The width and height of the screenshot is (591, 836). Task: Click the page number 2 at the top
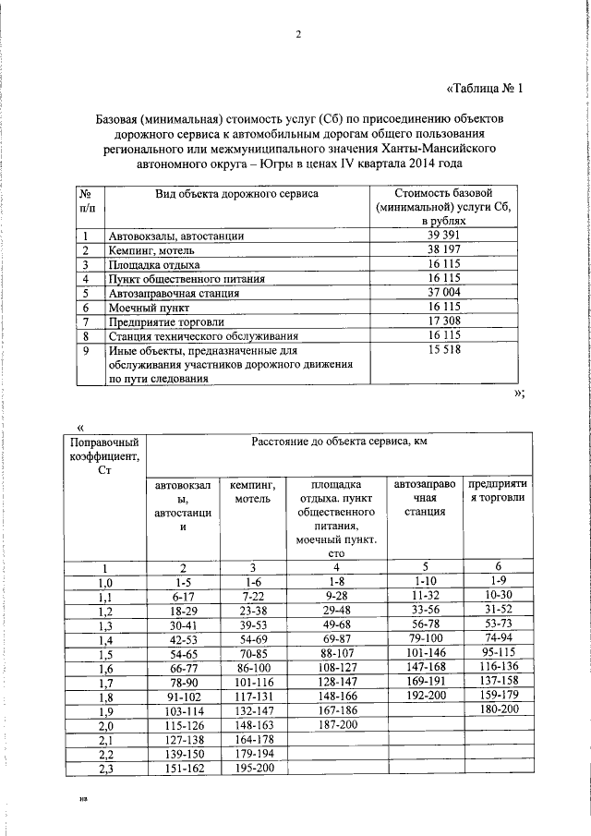pyautogui.click(x=298, y=36)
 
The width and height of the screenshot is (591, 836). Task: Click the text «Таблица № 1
pyautogui.click(x=485, y=90)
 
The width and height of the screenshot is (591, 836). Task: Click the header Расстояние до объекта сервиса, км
pyautogui.click(x=338, y=442)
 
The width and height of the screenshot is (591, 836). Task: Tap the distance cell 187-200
pyautogui.click(x=336, y=726)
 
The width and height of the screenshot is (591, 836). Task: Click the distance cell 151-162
pyautogui.click(x=182, y=769)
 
